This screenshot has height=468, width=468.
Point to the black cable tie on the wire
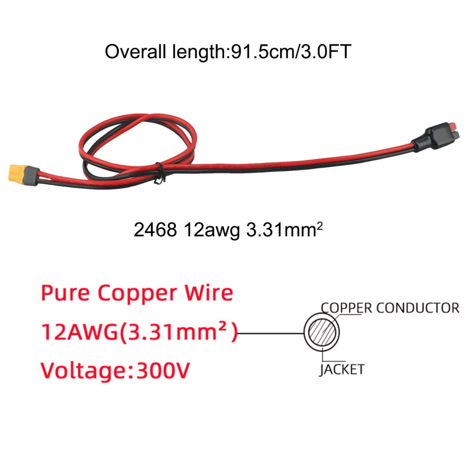160,173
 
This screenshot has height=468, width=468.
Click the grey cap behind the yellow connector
32,176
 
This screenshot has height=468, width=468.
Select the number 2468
155,230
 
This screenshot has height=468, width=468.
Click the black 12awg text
212,230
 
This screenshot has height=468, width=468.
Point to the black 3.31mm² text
285,230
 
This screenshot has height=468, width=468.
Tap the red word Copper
137,294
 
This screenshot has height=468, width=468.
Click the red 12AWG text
79,332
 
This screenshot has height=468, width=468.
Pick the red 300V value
163,371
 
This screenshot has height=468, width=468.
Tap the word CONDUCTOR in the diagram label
418,308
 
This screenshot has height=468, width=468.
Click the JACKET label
342,370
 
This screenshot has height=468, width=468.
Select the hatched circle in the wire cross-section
322,332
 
